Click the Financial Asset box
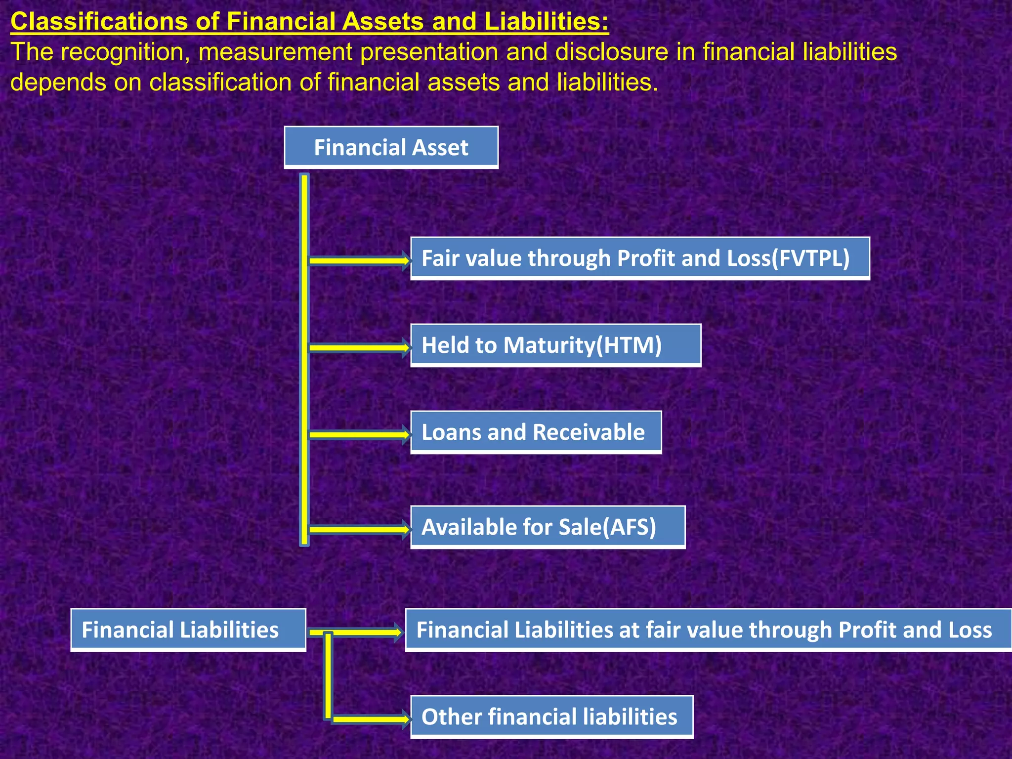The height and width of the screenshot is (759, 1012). pyautogui.click(x=391, y=147)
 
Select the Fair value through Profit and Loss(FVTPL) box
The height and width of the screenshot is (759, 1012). pyautogui.click(x=640, y=258)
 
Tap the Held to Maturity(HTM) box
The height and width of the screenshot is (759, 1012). pyautogui.click(x=555, y=345)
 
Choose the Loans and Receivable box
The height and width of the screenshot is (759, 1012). pyautogui.click(x=536, y=432)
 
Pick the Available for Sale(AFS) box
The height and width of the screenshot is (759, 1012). pyautogui.click(x=548, y=527)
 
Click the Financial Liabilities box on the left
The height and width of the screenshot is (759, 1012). pyautogui.click(x=188, y=630)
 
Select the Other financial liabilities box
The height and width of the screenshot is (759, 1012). pyautogui.click(x=551, y=717)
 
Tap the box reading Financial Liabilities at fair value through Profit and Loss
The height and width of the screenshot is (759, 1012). pyautogui.click(x=708, y=630)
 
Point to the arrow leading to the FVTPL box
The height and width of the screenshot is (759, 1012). pyautogui.click(x=359, y=260)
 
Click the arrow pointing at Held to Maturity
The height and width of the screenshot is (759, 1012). pyautogui.click(x=359, y=347)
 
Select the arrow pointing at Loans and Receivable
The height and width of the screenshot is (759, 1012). pyautogui.click(x=359, y=434)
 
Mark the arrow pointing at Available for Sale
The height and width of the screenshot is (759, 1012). pyautogui.click(x=359, y=529)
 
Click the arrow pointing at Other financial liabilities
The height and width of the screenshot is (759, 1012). pyautogui.click(x=371, y=719)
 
